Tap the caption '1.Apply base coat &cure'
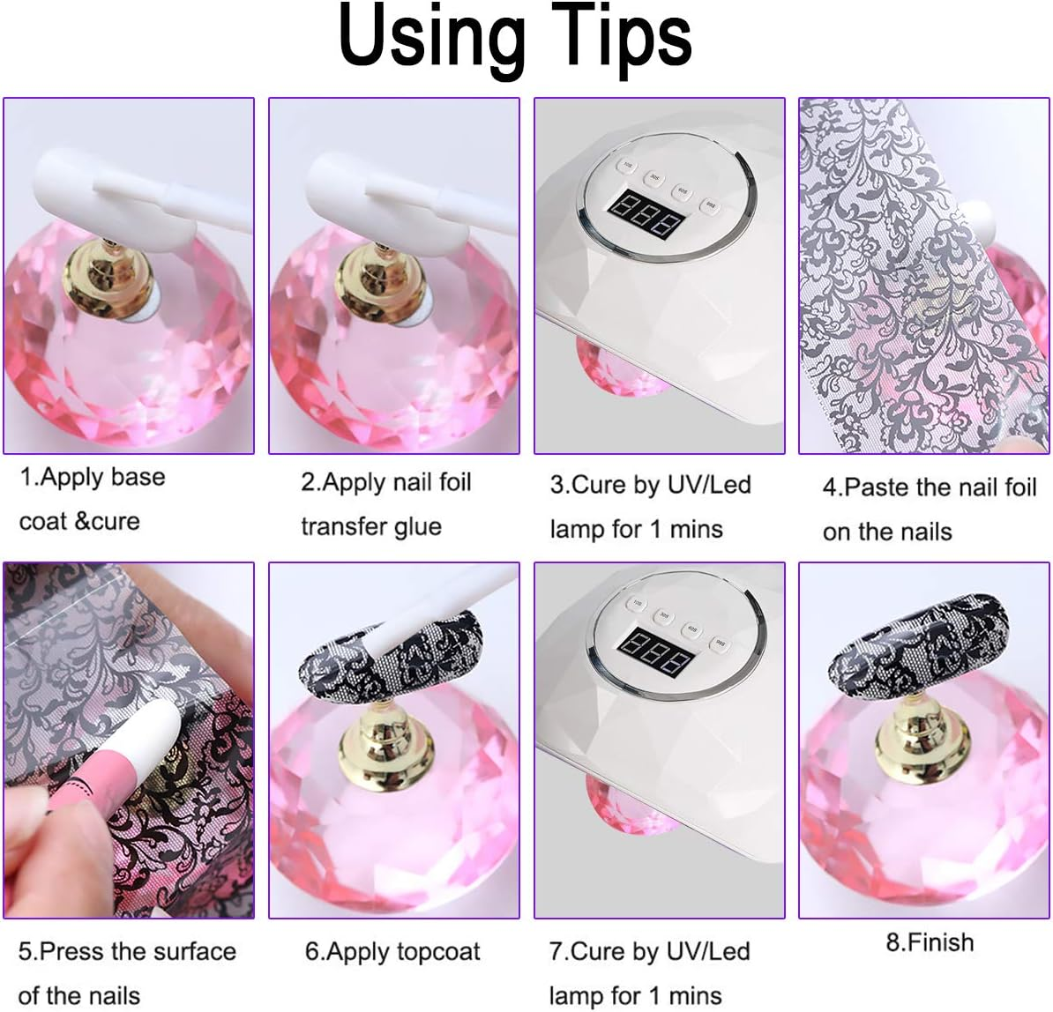click(x=92, y=499)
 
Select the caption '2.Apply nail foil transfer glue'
click(x=385, y=504)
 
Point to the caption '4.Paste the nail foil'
click(x=929, y=487)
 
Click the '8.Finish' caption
click(x=930, y=942)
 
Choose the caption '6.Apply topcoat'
click(x=392, y=952)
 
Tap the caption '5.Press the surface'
click(x=127, y=952)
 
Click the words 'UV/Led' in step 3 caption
click(x=709, y=485)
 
